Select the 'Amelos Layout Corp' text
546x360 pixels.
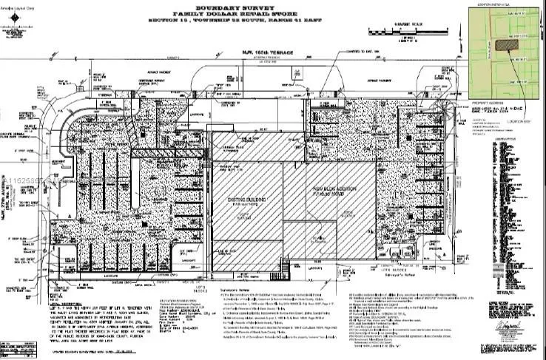pos(20,4)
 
